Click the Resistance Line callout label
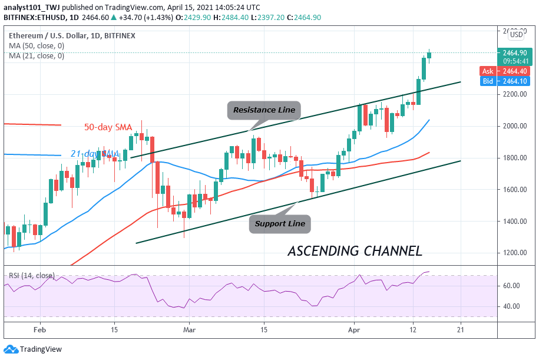263,110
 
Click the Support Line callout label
280,224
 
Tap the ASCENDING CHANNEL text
355,251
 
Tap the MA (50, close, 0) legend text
37,46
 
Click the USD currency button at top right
516,34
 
